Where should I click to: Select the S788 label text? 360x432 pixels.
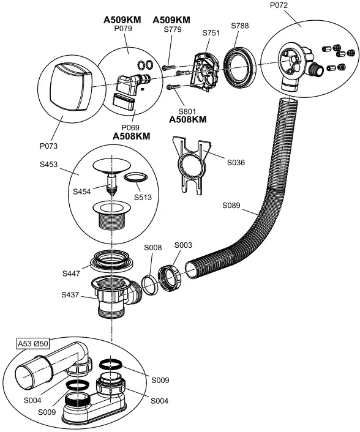coord(241,26)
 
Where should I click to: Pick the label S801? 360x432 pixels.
coord(187,111)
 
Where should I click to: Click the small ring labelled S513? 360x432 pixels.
coord(135,178)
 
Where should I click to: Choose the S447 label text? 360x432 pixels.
coord(72,273)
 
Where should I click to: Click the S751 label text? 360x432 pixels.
coord(211,33)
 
